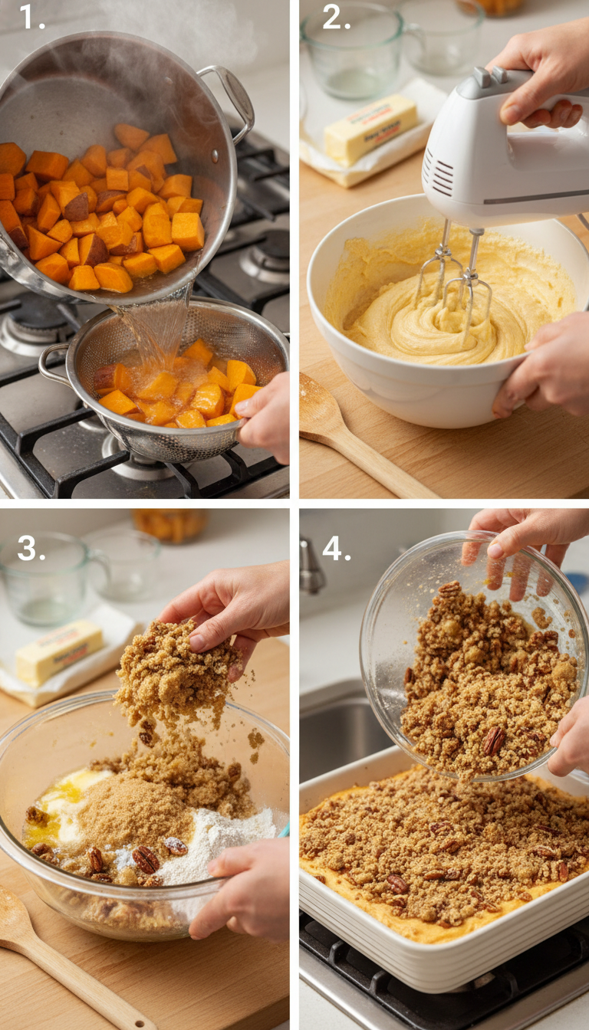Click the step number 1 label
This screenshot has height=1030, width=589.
pyautogui.click(x=31, y=16)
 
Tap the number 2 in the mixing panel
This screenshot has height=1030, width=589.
pyautogui.click(x=336, y=16)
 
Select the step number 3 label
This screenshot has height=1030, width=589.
pyautogui.click(x=31, y=548)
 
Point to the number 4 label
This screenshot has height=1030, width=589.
pyautogui.click(x=336, y=548)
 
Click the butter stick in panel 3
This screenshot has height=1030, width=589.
pyautogui.click(x=58, y=651)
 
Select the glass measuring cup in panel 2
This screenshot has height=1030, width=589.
pyautogui.click(x=353, y=50)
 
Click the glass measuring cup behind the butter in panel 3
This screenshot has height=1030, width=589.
pyautogui.click(x=46, y=579)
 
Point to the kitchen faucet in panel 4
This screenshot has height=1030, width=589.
pyautogui.click(x=311, y=567)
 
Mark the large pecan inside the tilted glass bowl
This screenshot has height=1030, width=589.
pyautogui.click(x=493, y=740)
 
